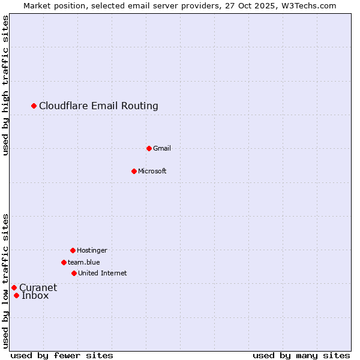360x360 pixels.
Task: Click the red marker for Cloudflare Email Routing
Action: [x=34, y=106]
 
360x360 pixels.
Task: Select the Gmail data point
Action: [x=149, y=148]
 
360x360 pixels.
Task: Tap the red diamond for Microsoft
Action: [x=134, y=171]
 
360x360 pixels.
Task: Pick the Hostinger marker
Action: [x=73, y=250]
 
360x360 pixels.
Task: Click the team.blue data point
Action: [x=64, y=262]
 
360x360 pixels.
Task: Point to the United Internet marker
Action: [x=74, y=273]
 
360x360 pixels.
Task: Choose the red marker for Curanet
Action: [x=14, y=287]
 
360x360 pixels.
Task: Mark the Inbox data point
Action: [x=16, y=295]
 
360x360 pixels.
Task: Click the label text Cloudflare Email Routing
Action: [x=98, y=106]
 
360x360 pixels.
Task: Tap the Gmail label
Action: [x=162, y=148]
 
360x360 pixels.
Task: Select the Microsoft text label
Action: [x=152, y=171]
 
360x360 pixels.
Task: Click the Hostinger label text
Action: [x=92, y=250]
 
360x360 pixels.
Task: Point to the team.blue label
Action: [x=84, y=262]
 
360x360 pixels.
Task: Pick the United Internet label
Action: [x=102, y=273]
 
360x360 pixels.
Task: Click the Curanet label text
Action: [x=38, y=287]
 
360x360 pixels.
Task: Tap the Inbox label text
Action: [x=35, y=295]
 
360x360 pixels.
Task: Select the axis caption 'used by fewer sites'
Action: [x=62, y=355]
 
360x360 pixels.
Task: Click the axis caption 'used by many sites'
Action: [x=301, y=355]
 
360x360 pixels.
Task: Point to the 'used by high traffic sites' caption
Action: [x=5, y=85]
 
